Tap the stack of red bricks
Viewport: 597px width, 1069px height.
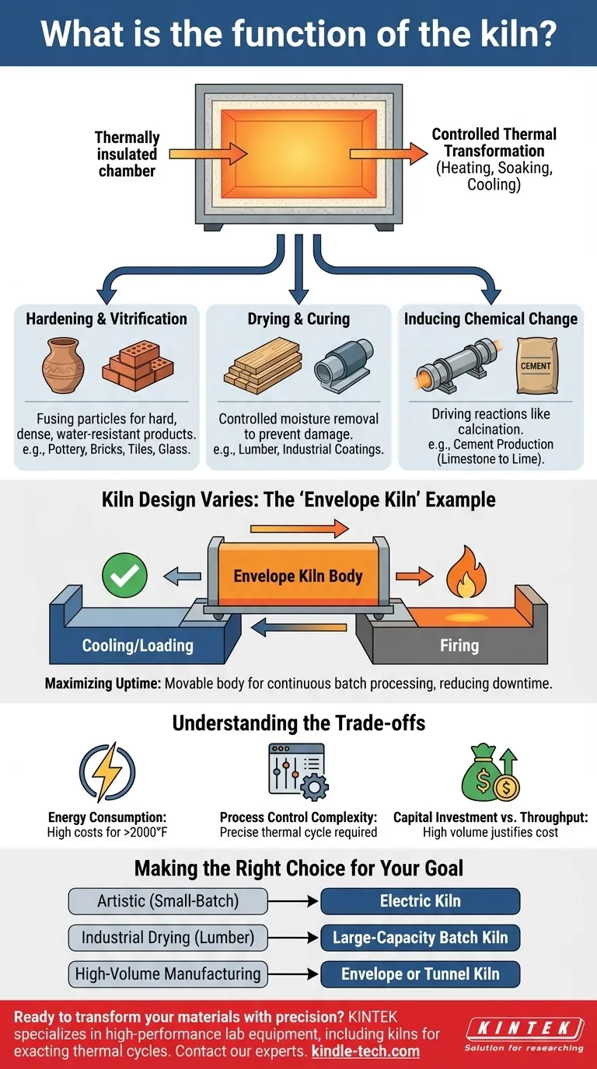coord(138,365)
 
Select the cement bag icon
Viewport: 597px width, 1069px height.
coord(536,365)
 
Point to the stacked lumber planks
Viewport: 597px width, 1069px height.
coord(263,365)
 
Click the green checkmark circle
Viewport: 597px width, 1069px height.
coord(124,576)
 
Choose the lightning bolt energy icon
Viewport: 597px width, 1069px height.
coord(107,772)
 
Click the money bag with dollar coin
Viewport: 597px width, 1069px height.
coord(491,772)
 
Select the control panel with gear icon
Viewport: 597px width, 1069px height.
coord(298,772)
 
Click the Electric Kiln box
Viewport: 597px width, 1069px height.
coord(420,901)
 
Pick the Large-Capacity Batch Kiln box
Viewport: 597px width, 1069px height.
coord(420,938)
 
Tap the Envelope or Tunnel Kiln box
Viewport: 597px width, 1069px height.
coord(420,974)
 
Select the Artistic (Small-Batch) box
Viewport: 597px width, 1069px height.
coord(168,901)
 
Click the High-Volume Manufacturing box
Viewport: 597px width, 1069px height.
coord(168,974)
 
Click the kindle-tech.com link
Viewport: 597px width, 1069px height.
coord(365,1051)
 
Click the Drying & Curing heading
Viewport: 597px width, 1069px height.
coord(298,319)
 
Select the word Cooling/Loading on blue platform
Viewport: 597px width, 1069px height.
coord(138,645)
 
